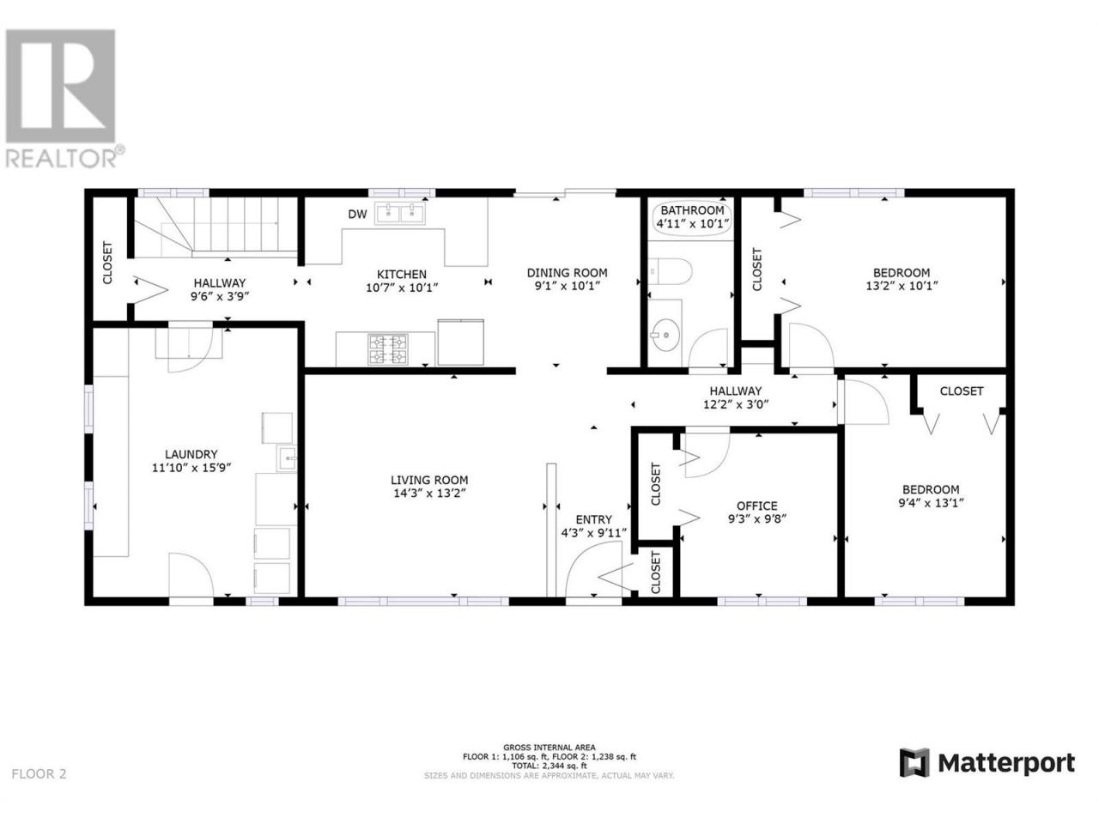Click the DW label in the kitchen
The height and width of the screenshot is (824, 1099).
(x=357, y=214)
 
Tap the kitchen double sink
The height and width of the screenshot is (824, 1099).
(x=399, y=213)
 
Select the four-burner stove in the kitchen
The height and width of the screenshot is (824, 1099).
(x=388, y=348)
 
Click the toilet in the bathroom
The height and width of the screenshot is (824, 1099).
(x=670, y=272)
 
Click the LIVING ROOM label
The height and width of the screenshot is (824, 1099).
(x=429, y=480)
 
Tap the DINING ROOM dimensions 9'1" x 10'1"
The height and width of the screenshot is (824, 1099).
(x=567, y=286)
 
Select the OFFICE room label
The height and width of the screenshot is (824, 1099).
(x=757, y=506)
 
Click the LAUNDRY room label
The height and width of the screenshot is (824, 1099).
(x=191, y=454)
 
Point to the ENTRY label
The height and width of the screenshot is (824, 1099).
(x=593, y=520)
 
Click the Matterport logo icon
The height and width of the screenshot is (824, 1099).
(x=914, y=777)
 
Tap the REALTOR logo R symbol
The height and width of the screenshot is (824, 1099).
(x=60, y=86)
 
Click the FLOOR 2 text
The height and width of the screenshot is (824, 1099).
(x=39, y=788)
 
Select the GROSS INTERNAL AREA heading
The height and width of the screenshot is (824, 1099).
(x=549, y=748)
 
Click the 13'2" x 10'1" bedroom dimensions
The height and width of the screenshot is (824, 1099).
(x=902, y=286)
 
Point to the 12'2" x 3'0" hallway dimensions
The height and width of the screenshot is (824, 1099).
(x=736, y=403)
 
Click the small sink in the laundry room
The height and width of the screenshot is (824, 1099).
(x=287, y=457)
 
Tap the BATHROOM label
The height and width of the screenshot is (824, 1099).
(x=692, y=210)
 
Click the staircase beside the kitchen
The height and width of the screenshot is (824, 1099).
(x=216, y=227)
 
